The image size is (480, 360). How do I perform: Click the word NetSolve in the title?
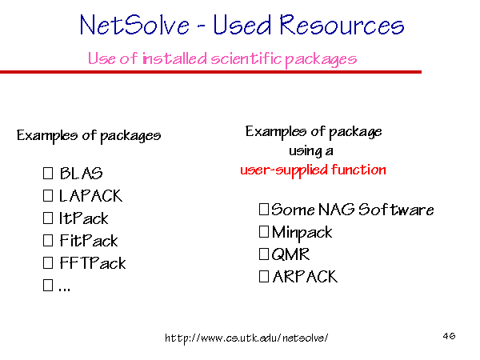pos(134,25)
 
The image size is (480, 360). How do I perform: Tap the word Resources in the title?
pos(342,25)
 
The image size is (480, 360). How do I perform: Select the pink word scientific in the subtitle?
pos(246,58)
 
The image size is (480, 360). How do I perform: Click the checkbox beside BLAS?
pos(48,173)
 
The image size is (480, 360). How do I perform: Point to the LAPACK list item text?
pos(90,196)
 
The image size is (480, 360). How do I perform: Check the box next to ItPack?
pos(48,218)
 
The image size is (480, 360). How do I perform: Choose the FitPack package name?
pos(89,240)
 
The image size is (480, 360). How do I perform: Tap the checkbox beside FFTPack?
pos(48,262)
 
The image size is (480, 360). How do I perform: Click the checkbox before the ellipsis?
pos(48,285)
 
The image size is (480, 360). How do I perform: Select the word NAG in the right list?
pos(337,210)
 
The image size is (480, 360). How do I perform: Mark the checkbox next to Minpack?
pos(264,232)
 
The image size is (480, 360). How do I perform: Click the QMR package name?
pos(290,254)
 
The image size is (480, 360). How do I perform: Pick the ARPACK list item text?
pos(305,277)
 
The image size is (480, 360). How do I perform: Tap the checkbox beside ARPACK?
pos(264,277)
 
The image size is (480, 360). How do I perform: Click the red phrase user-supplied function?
pos(313,170)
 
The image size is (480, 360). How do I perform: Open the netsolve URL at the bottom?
pos(246,338)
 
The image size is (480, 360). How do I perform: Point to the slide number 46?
pos(449,336)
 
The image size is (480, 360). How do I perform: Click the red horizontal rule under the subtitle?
pos(210,72)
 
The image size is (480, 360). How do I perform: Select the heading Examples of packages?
pos(89,136)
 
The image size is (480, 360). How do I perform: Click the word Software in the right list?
pos(396,210)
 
